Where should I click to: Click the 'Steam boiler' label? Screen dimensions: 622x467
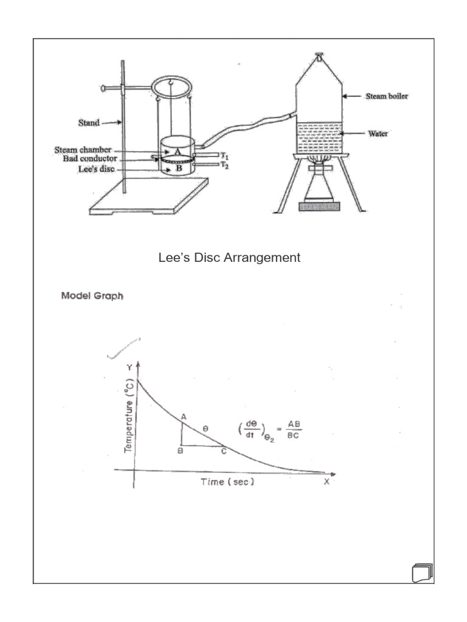pyautogui.click(x=386, y=96)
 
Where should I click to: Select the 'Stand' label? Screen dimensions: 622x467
pyautogui.click(x=89, y=123)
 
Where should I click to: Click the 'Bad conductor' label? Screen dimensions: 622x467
pyautogui.click(x=81, y=159)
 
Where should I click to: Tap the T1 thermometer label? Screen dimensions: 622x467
pyautogui.click(x=224, y=156)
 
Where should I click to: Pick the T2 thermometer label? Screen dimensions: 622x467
pyautogui.click(x=224, y=165)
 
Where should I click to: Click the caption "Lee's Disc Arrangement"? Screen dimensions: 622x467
pyautogui.click(x=229, y=258)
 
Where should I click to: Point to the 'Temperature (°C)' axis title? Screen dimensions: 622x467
pyautogui.click(x=128, y=419)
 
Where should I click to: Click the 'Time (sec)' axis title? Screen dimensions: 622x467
pyautogui.click(x=227, y=482)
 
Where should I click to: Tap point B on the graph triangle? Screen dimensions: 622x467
pyautogui.click(x=181, y=451)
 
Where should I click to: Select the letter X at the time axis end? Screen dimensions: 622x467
pyautogui.click(x=327, y=482)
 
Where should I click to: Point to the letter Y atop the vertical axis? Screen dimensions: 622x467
pyautogui.click(x=128, y=367)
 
